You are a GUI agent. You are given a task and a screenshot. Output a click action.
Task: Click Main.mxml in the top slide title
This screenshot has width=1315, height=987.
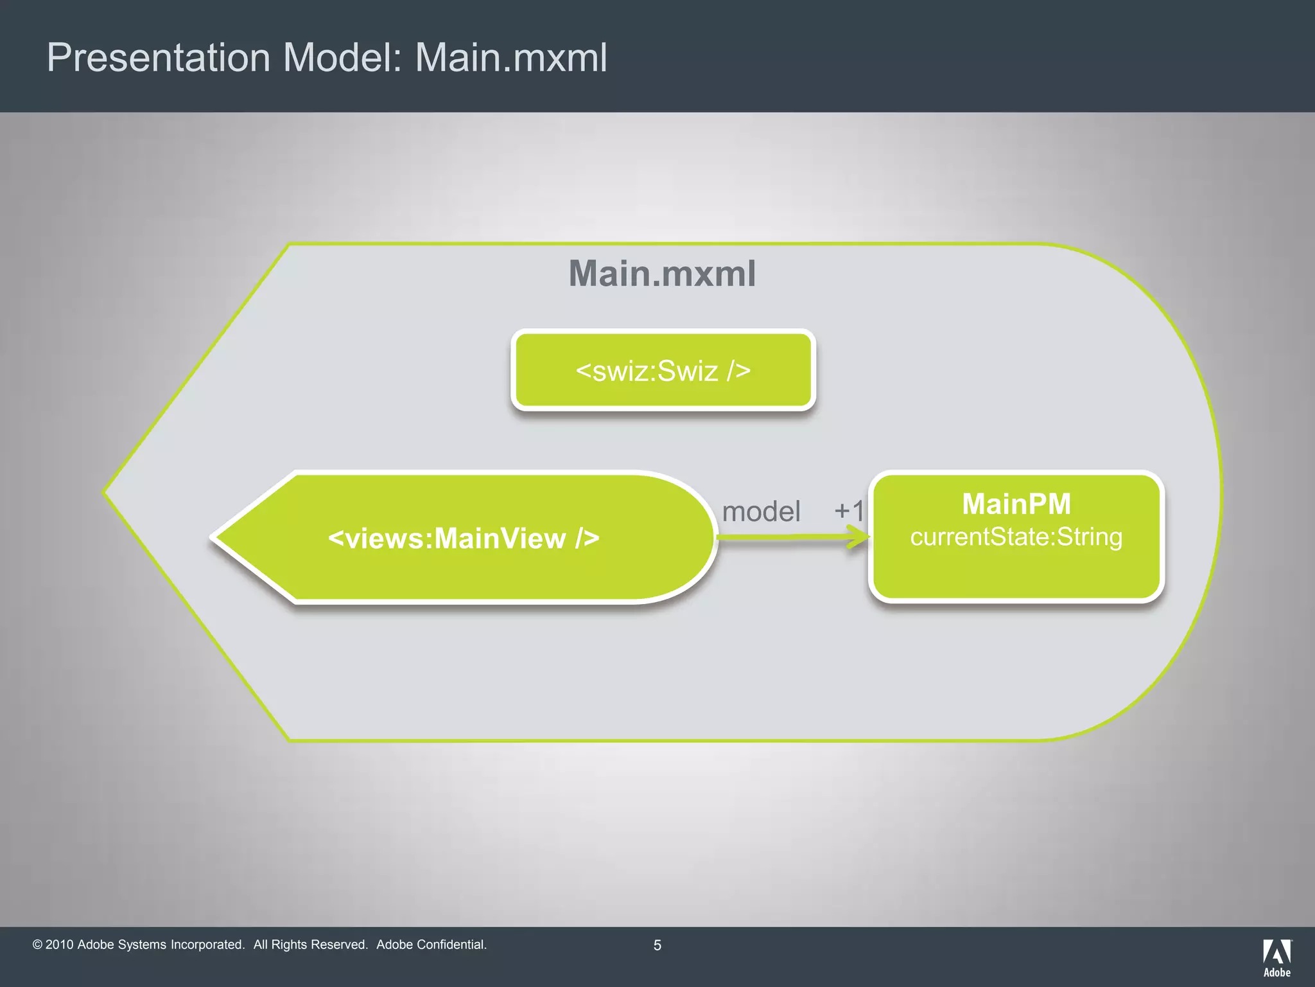click(510, 58)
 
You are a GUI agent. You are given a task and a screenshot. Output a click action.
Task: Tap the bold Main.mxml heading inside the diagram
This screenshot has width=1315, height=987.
click(662, 274)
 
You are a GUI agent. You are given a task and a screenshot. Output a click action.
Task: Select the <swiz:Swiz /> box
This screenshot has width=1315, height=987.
click(663, 371)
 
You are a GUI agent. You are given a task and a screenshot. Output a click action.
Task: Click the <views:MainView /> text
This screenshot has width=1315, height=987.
click(464, 538)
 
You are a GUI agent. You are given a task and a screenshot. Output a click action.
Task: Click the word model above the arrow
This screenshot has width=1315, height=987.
click(761, 512)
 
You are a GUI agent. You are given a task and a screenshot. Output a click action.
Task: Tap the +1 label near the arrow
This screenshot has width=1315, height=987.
click(849, 511)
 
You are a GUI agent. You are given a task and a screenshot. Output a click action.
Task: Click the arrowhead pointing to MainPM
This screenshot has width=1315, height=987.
click(859, 537)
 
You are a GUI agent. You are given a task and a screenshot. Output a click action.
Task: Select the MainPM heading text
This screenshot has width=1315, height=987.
click(1016, 504)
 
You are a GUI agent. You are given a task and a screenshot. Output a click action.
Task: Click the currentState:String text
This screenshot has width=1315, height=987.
click(1016, 537)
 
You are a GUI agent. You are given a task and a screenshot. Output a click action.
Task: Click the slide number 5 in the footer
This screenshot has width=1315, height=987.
click(657, 945)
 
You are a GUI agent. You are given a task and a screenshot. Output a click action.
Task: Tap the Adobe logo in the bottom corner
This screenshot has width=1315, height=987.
click(1276, 957)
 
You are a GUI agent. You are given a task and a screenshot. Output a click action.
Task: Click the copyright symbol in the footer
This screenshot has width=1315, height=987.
click(37, 945)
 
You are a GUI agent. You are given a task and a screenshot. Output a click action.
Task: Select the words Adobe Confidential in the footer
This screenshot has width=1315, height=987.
click(431, 945)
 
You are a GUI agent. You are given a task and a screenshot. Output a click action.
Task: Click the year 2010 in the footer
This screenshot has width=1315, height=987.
click(59, 945)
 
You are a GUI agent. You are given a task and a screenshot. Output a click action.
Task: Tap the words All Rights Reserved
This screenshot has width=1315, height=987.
click(310, 945)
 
